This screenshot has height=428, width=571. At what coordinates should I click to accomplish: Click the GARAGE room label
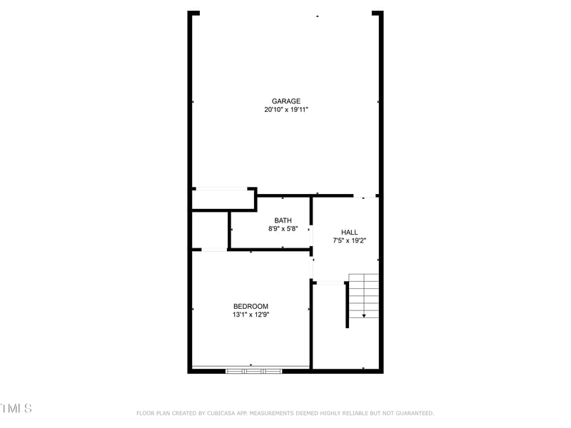tap(285, 101)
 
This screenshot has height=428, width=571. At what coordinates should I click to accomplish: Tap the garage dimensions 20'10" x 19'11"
tap(285, 110)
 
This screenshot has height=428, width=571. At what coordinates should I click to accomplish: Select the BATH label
tap(283, 220)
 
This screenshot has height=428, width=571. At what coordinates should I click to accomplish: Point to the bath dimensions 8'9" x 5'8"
tap(283, 229)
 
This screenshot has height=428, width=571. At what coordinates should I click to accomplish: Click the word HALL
tap(349, 233)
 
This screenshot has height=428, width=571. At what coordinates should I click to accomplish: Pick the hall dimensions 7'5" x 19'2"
tap(349, 241)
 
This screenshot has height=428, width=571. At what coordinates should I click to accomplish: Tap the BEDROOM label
tap(251, 306)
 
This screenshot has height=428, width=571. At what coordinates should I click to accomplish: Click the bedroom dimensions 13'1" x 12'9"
tap(251, 315)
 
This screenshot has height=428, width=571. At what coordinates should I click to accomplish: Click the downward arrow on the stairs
tap(364, 315)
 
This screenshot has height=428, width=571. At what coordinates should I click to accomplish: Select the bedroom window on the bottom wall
tap(254, 370)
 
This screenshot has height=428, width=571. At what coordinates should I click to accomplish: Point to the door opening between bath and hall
tap(311, 235)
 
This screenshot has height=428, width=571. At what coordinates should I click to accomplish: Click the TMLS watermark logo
tap(16, 409)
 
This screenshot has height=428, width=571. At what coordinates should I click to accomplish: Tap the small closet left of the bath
tap(209, 230)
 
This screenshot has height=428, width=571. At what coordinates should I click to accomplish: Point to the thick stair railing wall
tap(348, 303)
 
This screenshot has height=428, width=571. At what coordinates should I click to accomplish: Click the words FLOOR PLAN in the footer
tap(154, 413)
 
